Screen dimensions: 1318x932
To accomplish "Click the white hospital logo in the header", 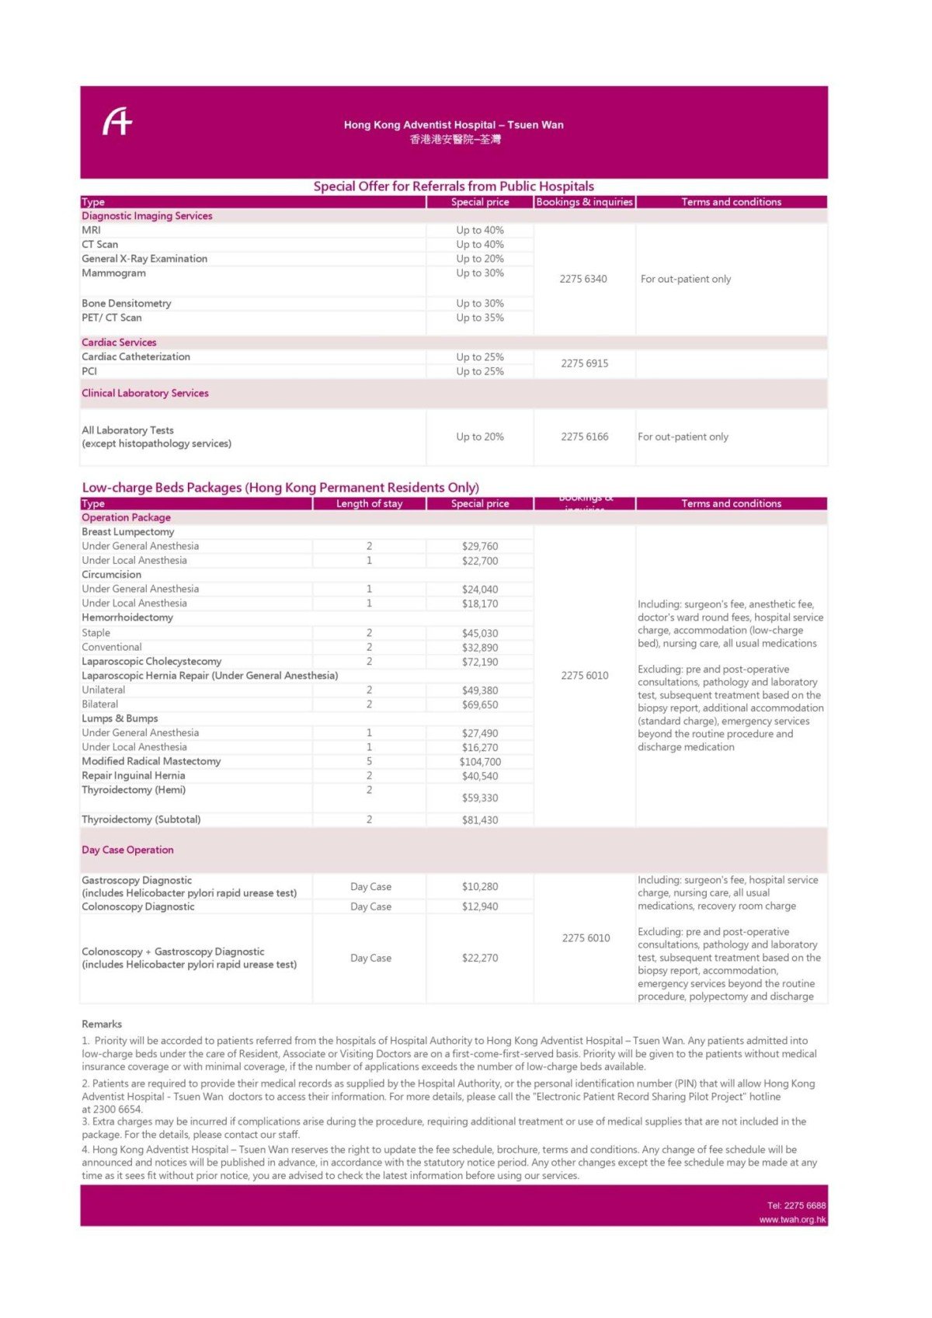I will [x=118, y=122].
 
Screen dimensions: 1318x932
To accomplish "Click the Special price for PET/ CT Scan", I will [x=480, y=318].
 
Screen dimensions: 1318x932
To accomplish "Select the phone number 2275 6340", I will [x=583, y=279].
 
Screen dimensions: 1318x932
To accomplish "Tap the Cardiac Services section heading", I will [x=119, y=343].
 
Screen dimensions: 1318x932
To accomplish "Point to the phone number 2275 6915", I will [x=585, y=363].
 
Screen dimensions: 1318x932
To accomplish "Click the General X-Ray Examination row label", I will [x=144, y=259].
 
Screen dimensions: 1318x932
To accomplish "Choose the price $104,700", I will [x=480, y=762].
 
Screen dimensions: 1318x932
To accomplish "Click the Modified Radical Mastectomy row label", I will [x=151, y=761].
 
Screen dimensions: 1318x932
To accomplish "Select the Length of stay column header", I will [x=369, y=503].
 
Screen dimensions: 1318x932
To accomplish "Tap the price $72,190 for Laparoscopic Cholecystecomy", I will [x=480, y=662].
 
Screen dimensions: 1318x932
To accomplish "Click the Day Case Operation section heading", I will [x=127, y=850].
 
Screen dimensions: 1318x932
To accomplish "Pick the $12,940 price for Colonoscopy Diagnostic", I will [x=480, y=906].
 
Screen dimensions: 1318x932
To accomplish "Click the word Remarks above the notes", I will [x=102, y=1024].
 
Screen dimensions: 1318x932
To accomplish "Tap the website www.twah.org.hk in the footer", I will [x=792, y=1219].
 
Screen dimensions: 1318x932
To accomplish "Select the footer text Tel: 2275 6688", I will [x=796, y=1205].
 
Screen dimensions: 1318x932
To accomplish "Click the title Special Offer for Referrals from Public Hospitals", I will [x=454, y=186].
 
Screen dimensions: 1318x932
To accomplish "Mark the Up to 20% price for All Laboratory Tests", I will [x=480, y=436].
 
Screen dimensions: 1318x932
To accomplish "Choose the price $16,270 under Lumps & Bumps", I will [x=480, y=747].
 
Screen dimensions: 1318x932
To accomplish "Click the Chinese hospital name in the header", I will [x=455, y=140].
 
